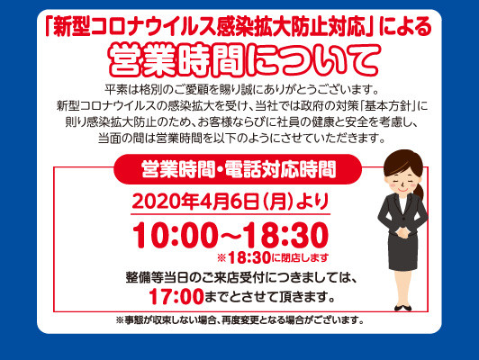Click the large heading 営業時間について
[245, 60]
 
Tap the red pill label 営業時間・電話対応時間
[238, 169]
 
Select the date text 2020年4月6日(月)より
[230, 202]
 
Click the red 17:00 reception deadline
[176, 296]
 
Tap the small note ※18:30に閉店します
[273, 258]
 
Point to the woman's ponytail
[419, 191]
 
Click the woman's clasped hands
[402, 232]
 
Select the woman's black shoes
[402, 308]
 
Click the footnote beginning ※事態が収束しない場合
[240, 320]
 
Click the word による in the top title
[406, 28]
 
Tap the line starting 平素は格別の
[241, 89]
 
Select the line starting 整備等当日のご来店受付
[241, 278]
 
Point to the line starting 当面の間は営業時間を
[241, 139]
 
